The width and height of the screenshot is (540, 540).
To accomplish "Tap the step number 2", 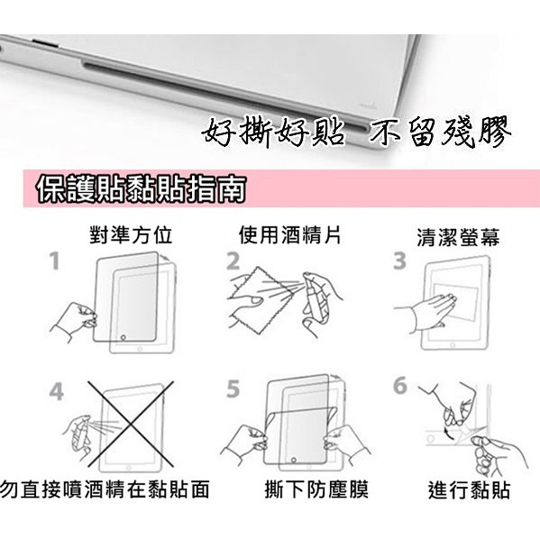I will click(233, 262).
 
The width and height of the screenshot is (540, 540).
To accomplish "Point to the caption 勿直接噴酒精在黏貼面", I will click(105, 490).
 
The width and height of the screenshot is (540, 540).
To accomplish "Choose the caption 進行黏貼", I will click(469, 490).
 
